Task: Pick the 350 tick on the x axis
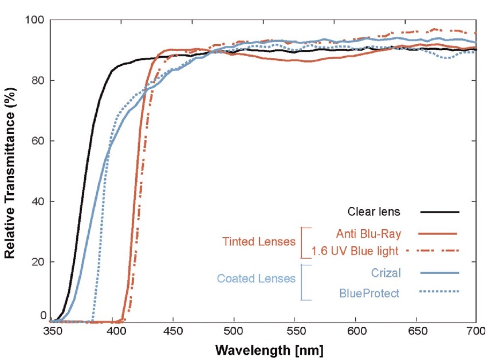tap(53, 331)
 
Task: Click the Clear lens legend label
tap(374, 212)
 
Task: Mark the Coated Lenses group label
tap(256, 279)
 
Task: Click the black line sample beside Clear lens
tap(440, 212)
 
